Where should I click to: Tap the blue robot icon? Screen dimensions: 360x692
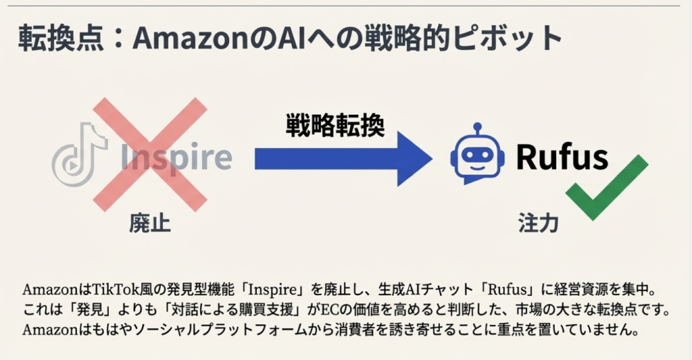477,155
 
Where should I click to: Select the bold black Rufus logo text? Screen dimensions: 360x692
562,156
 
